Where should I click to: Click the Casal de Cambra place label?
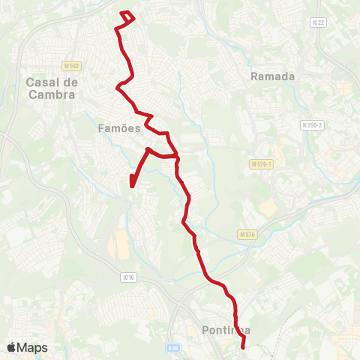[50, 88]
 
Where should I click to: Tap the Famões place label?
[119, 128]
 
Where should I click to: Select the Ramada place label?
[273, 76]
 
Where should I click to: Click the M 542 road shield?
[71, 66]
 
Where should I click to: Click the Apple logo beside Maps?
[12, 347]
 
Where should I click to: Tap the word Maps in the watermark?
[32, 347]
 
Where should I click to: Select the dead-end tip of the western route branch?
[131, 184]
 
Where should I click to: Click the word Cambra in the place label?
[50, 95]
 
